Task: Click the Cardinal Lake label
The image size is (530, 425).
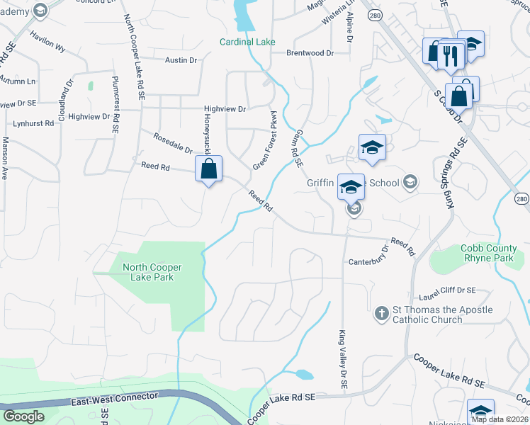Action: pos(247,42)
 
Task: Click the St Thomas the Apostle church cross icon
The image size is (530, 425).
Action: pos(381,312)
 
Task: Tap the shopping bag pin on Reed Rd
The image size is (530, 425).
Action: pos(208,169)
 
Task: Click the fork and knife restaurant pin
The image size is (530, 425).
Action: pos(450,56)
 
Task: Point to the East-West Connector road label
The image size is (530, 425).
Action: pos(114,399)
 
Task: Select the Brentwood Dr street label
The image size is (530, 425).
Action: pos(310,53)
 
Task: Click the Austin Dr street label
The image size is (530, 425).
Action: pos(181,61)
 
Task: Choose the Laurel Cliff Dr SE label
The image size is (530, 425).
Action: pos(447,290)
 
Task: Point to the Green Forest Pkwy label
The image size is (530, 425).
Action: pos(264,140)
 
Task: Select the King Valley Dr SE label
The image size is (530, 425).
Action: pos(342,358)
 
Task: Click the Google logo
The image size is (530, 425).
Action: pos(23,416)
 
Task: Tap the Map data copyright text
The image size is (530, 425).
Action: pos(500,419)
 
